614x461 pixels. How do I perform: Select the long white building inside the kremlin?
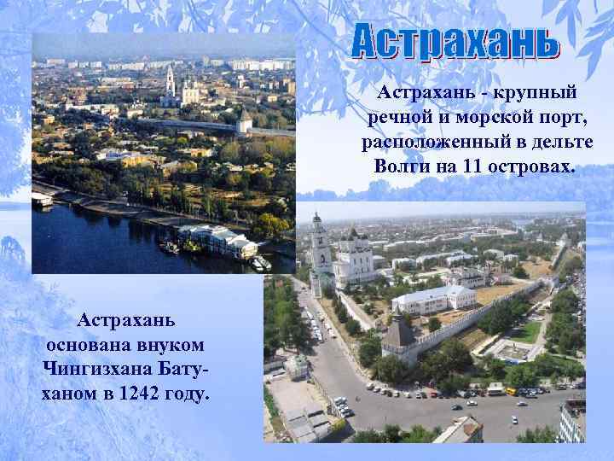click(x=432, y=300)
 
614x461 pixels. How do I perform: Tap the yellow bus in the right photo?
click(x=512, y=391)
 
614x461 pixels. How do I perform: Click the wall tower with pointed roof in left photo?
click(x=244, y=120)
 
